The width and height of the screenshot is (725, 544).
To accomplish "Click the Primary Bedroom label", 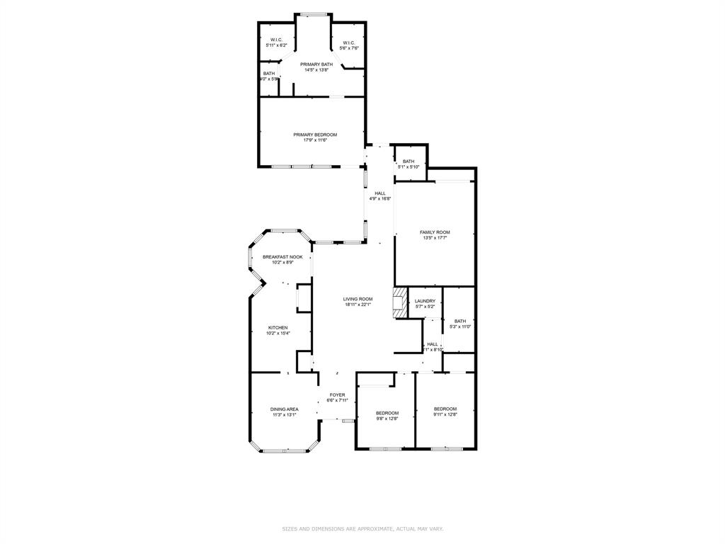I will coord(315,137).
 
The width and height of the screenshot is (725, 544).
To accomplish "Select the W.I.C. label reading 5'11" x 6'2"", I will coord(276,42).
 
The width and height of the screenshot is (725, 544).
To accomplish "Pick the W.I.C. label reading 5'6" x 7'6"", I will coord(348,45).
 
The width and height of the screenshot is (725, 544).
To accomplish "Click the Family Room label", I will coord(435,235).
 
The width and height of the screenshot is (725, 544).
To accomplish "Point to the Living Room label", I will coord(358,302).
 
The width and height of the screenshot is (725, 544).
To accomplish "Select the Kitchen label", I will coord(278,330).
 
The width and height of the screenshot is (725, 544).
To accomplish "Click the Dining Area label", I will coord(284,412).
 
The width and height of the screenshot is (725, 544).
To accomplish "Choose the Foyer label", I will coord(337,397).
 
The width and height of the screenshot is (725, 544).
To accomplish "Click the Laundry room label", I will coord(425,303).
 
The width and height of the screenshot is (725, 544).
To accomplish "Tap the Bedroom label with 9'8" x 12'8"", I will coord(387,416).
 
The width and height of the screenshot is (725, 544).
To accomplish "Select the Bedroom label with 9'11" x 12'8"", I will coord(445,412).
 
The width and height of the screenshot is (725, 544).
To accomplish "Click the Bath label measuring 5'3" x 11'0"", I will coord(460,324).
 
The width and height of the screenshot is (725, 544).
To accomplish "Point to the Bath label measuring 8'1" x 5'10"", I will coord(409,164).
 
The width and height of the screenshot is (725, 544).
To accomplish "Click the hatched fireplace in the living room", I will coord(401,302).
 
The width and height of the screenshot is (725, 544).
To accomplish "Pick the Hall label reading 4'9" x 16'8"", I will coord(379,196).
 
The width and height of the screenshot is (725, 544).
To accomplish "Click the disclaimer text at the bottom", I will coord(362,528).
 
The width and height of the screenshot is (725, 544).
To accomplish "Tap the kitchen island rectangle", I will coord(303,298).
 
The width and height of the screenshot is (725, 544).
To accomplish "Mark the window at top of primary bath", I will coord(313,13).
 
